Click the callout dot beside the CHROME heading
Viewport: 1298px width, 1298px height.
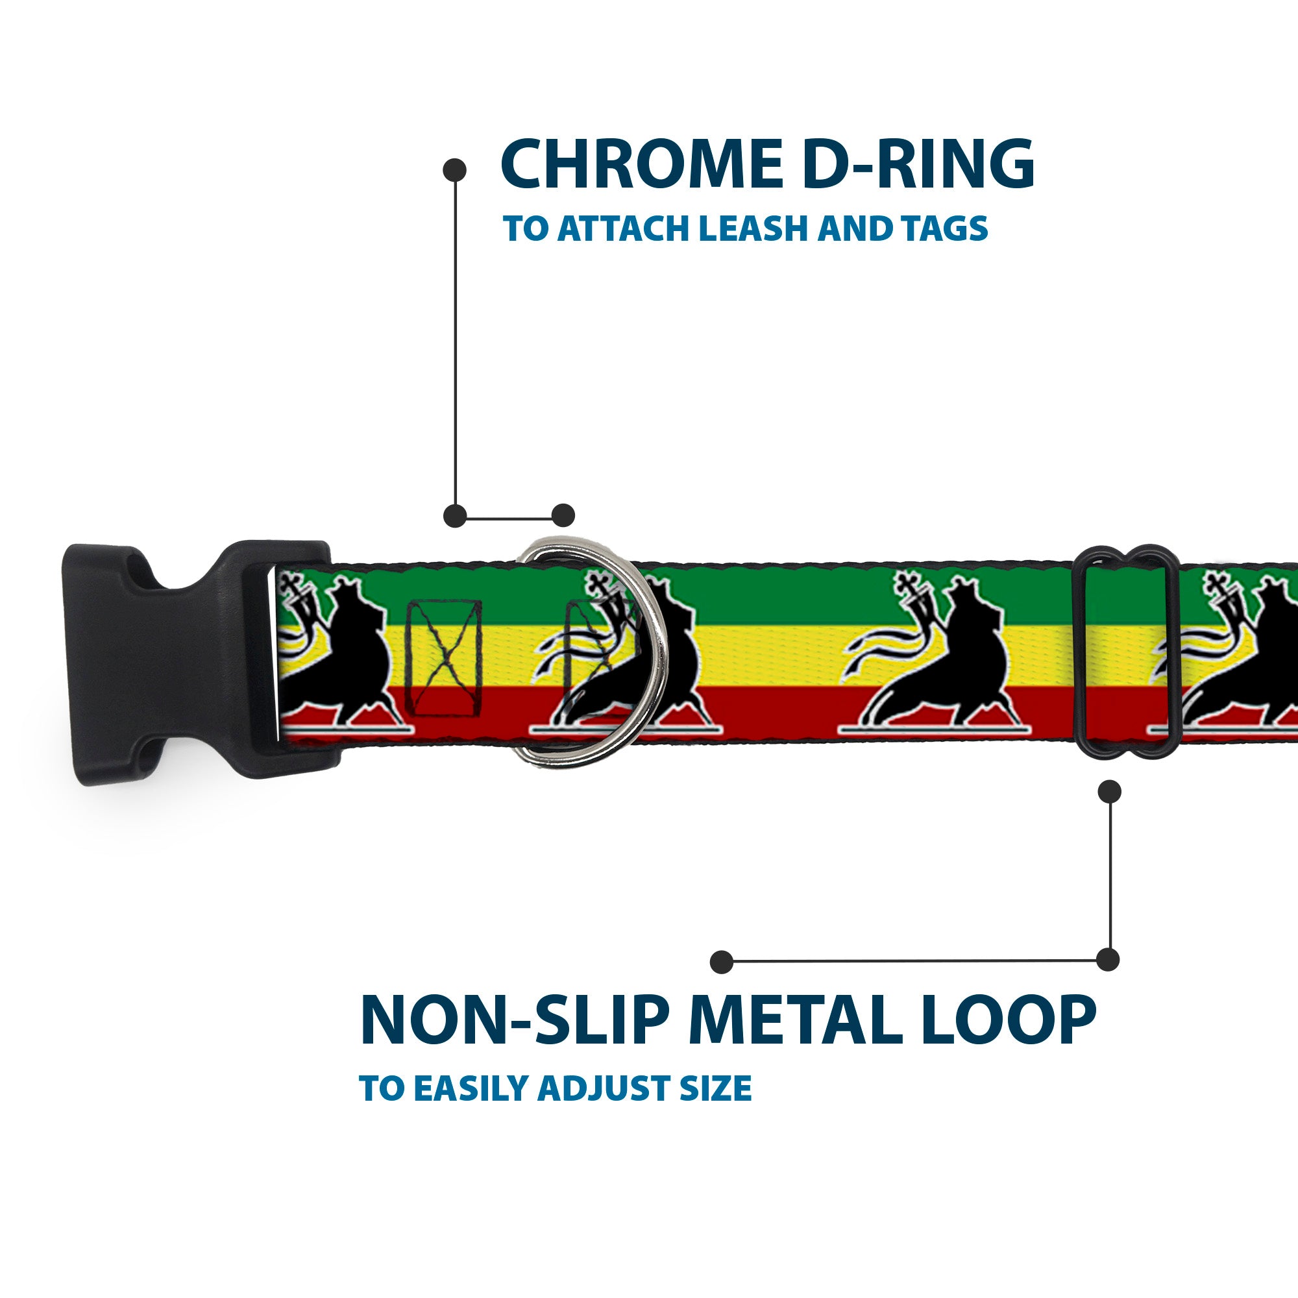click(455, 170)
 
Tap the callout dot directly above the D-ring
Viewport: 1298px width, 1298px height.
click(563, 516)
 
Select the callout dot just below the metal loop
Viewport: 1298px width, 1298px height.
click(1109, 791)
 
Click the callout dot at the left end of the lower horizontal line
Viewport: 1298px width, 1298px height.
click(722, 961)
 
